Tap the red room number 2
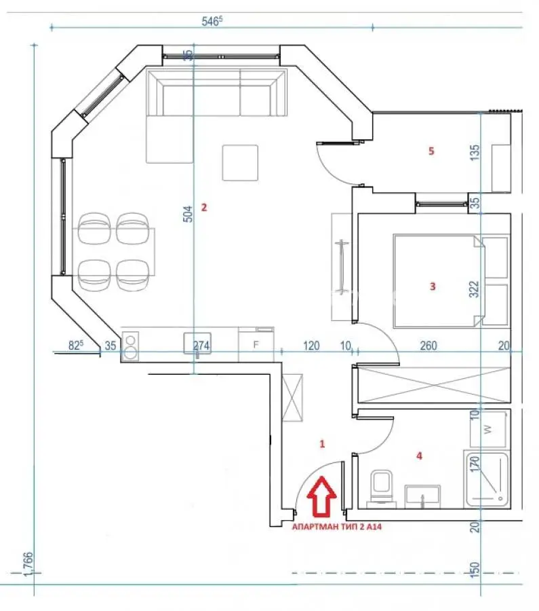204,207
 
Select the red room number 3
433,286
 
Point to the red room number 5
431,151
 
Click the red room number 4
419,455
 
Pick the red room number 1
322,443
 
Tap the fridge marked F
256,344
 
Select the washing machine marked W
488,429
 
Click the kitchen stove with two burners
130,346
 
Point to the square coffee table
240,162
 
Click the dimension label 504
188,214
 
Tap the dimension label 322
474,289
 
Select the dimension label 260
428,346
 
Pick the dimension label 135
475,153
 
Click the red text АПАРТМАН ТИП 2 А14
337,527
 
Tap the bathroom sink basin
422,496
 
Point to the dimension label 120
311,346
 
